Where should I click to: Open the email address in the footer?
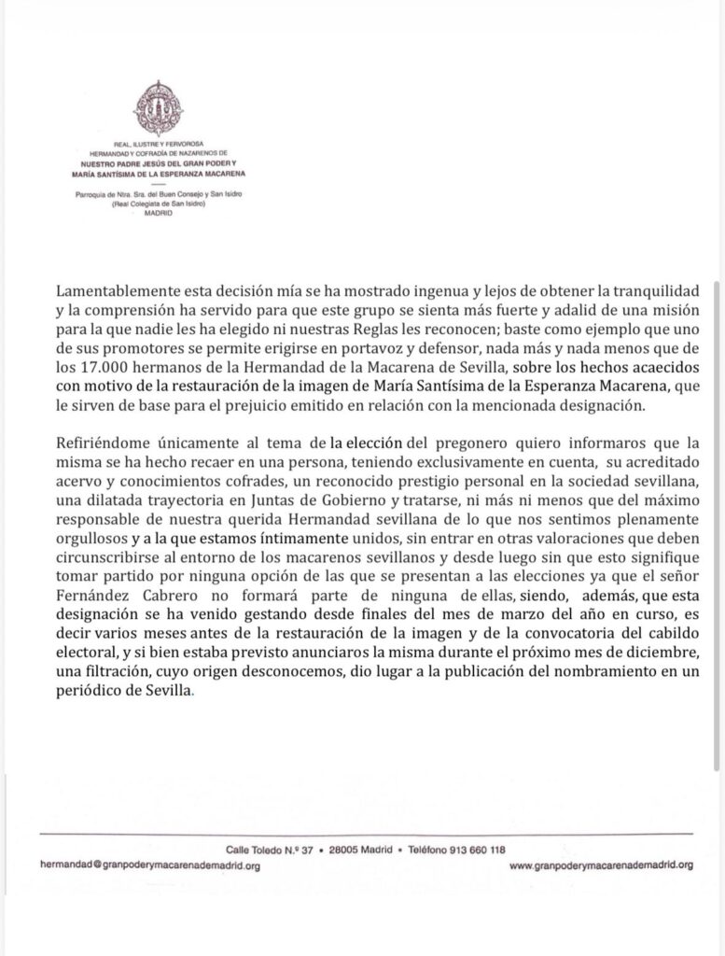tap(149, 865)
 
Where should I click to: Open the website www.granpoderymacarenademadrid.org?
tap(602, 865)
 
